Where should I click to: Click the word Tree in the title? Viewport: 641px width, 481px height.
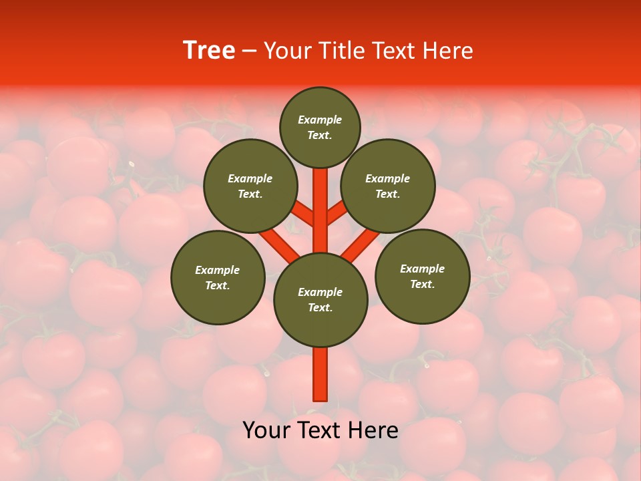209,51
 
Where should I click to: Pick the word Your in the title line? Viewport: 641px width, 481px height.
288,51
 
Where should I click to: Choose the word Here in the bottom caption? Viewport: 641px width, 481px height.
373,430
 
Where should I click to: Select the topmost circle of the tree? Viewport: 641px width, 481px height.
320,127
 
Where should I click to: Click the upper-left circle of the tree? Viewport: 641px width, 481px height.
250,186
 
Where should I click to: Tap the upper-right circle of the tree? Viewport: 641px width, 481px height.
388,186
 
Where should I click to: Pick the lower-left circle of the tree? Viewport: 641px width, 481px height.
218,277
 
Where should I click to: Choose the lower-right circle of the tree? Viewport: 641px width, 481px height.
422,276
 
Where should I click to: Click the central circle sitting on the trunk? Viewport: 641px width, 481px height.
320,300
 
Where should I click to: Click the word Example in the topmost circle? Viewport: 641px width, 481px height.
320,120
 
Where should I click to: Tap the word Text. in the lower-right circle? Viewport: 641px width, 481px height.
422,284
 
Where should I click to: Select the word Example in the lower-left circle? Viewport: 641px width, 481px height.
218,270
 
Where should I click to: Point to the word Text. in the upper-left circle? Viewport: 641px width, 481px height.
250,194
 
